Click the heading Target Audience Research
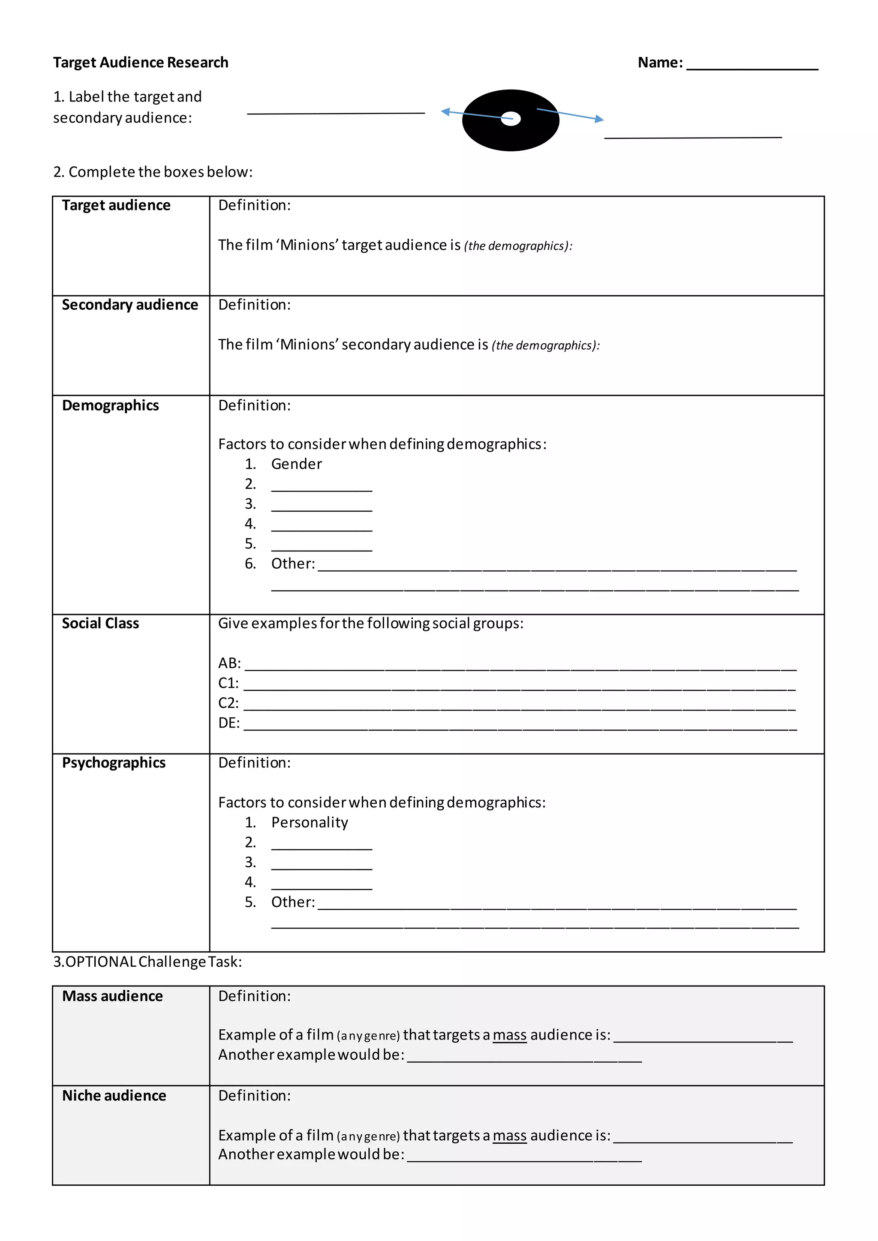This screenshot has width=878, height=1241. (x=141, y=63)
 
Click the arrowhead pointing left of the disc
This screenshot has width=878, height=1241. (x=445, y=112)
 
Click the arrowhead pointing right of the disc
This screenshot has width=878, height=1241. (x=599, y=119)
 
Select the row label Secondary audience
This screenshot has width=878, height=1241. (x=130, y=305)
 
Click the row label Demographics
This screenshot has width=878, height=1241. (x=110, y=405)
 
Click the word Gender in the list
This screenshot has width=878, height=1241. (x=296, y=464)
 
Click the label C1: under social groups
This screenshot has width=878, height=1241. (x=228, y=683)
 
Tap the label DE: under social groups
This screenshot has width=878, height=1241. (x=229, y=723)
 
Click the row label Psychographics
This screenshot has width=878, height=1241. (x=114, y=763)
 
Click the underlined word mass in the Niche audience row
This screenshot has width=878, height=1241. (x=509, y=1136)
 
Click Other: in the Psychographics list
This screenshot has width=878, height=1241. (x=292, y=902)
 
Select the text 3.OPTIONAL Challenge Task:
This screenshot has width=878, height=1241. (x=147, y=962)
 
